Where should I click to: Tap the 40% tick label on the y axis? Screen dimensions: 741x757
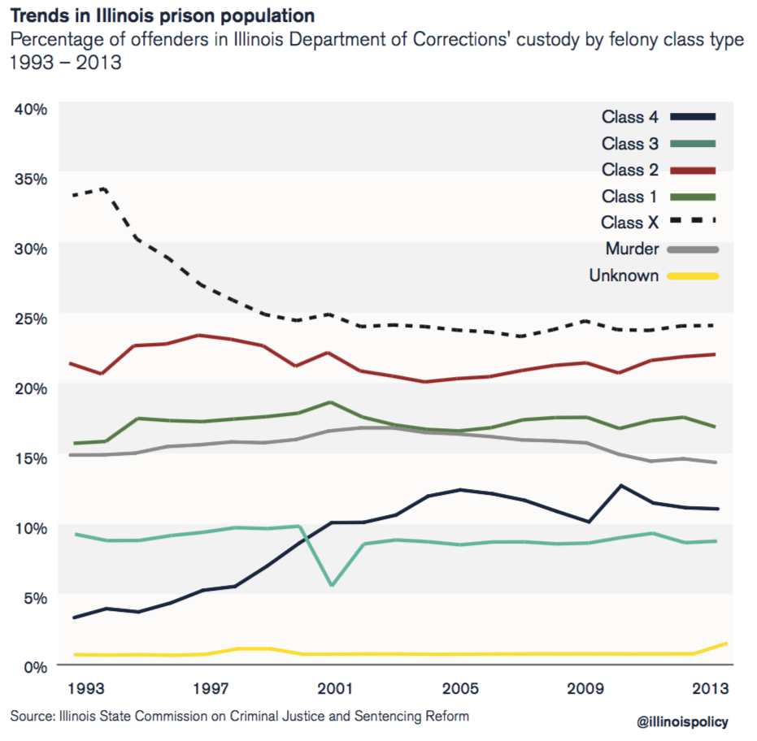tap(31, 108)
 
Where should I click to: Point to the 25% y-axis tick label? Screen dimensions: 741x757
tap(31, 318)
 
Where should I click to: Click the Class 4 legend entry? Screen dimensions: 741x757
tap(630, 117)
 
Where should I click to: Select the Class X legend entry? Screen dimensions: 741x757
tap(630, 222)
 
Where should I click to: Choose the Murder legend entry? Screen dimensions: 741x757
tap(632, 249)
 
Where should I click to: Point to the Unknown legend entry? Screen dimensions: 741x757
tap(624, 275)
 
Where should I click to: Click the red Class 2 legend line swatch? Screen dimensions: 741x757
tap(692, 170)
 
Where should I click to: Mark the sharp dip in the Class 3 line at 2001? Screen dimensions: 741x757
tap(332, 585)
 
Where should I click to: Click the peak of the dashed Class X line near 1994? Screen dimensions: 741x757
tap(103, 188)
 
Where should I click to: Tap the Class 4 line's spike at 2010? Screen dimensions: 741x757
tap(622, 486)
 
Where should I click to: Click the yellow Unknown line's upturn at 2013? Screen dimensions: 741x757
tap(724, 643)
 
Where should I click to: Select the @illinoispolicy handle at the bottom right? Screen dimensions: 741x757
tap(682, 721)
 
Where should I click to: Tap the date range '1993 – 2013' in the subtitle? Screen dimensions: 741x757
tap(65, 62)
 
